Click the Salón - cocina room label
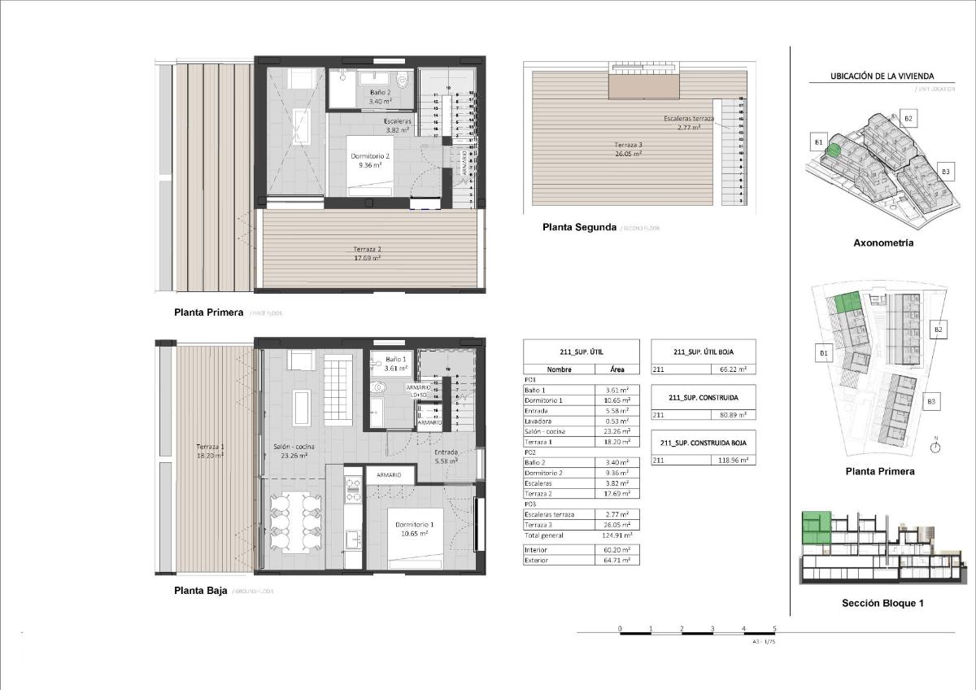point(293,452)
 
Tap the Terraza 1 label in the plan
point(210,451)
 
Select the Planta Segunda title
point(579,228)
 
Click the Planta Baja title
point(200,591)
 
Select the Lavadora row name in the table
point(538,421)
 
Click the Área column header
point(617,369)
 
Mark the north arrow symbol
point(936,445)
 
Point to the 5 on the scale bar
point(774,629)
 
